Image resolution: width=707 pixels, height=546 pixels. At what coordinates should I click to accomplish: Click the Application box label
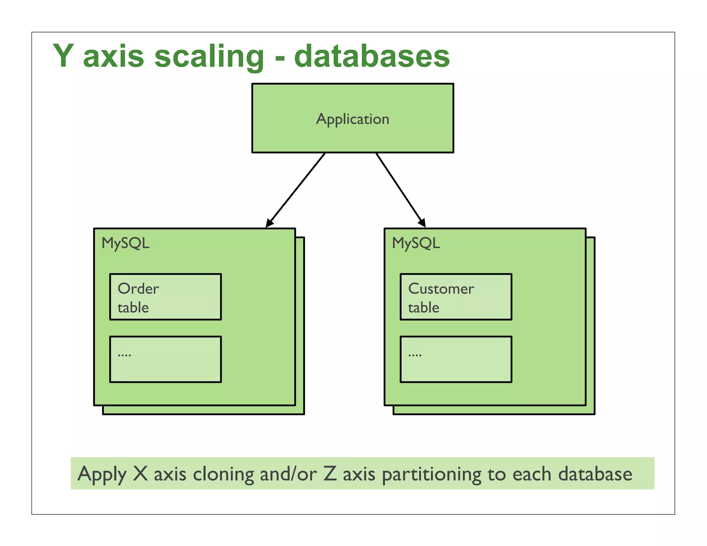[x=352, y=119]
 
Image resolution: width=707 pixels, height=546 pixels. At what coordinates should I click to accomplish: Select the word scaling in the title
[x=209, y=57]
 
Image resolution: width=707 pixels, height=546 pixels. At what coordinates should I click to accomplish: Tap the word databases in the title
[x=372, y=56]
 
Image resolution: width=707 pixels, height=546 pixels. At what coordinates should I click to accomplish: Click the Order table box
[x=165, y=297]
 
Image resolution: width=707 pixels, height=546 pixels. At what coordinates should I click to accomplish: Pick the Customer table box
[x=456, y=297]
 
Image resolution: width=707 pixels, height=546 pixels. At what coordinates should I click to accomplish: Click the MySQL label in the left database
[x=125, y=243]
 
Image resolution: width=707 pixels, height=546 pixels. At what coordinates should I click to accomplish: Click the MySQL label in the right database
[x=416, y=243]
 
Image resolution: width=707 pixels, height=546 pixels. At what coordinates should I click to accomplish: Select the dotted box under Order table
[x=165, y=359]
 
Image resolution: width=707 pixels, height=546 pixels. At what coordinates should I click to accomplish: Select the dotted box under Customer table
[x=456, y=359]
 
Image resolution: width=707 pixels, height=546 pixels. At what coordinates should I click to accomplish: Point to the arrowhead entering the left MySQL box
[x=269, y=224]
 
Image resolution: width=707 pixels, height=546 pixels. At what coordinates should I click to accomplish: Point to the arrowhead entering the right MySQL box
[x=422, y=223]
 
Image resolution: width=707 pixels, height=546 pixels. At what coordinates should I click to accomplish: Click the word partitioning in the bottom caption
[x=432, y=475]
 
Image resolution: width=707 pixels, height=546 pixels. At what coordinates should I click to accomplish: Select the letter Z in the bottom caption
[x=330, y=473]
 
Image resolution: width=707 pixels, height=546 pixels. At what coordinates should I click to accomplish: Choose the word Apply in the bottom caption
[x=102, y=475]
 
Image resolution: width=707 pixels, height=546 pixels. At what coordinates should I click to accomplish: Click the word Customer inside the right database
[x=441, y=289]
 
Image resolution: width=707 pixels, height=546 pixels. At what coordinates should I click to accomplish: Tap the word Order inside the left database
[x=138, y=289]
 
